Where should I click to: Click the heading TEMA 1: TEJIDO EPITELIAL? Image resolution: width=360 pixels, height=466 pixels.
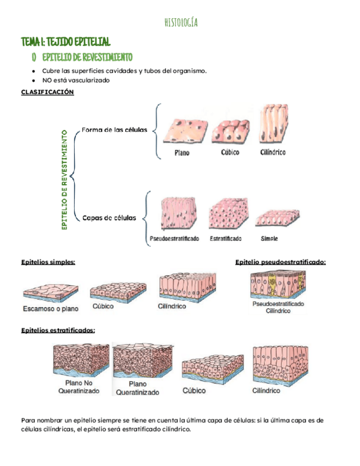65,42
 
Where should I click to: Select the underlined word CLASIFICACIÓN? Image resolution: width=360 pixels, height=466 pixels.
47,92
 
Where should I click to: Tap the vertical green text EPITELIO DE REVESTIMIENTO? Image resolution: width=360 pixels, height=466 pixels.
64,180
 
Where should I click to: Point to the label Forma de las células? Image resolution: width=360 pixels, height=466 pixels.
114,130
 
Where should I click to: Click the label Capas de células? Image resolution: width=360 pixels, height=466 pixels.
109,218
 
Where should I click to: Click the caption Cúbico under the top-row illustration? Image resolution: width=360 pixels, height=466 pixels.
230,152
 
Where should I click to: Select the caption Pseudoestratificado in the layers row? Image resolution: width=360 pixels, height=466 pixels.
174,239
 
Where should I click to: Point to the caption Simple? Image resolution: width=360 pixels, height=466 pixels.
269,238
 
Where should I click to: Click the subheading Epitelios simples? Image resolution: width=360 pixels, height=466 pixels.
48,262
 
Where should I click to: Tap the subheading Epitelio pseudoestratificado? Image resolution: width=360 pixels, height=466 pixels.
280,262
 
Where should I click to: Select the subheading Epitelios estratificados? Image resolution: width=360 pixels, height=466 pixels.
58,330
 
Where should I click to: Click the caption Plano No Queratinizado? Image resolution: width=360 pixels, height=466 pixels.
79,387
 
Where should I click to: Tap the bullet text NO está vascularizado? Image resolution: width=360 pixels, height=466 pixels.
76,80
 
